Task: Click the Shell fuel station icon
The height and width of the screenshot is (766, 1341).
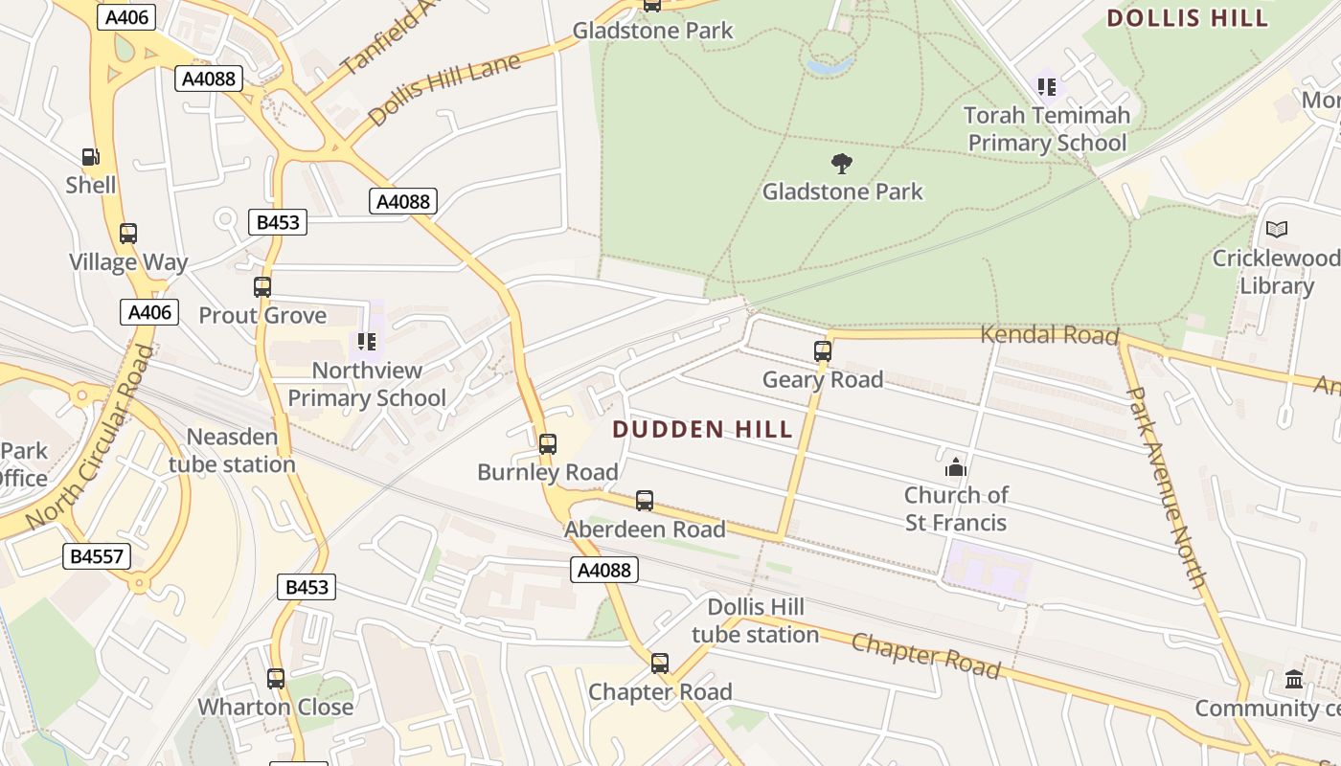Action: (x=90, y=156)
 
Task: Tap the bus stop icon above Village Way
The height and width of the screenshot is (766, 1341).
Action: (x=127, y=233)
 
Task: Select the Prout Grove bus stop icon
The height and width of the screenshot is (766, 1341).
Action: (x=261, y=286)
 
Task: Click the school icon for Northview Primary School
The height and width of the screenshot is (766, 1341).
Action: (x=366, y=341)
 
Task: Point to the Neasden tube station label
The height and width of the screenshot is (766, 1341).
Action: (x=232, y=451)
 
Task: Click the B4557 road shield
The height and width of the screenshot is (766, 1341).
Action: (x=97, y=556)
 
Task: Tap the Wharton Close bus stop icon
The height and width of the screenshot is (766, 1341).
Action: (x=276, y=678)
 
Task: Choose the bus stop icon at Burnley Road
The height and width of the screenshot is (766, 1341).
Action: (x=547, y=443)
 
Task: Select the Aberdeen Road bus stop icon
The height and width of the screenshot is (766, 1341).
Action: (x=645, y=500)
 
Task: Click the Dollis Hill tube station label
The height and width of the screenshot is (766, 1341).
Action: (x=755, y=620)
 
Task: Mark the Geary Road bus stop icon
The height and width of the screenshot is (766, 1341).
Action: (x=822, y=351)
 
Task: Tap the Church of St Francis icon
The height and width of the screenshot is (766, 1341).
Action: (x=955, y=467)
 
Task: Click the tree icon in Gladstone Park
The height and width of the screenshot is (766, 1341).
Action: (x=842, y=163)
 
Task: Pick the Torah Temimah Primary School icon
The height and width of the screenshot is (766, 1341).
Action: (x=1047, y=87)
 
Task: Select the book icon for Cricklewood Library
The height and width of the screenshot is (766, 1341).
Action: (x=1276, y=229)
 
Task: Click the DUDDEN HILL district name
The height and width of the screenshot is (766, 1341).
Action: (x=702, y=429)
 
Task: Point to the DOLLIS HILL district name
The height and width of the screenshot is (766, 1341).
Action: (x=1187, y=17)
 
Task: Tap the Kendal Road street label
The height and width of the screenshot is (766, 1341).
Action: (x=1050, y=335)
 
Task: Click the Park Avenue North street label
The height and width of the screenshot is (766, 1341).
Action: (x=1166, y=486)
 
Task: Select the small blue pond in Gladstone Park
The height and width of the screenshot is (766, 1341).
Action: (x=830, y=66)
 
